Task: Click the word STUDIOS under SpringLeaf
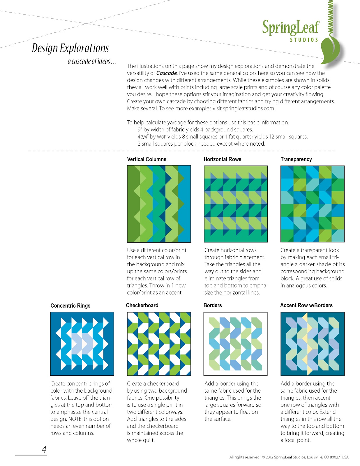pos(304,40)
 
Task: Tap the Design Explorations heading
pos(70,48)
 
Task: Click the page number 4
pos(44,449)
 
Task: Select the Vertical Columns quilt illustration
pos(159,204)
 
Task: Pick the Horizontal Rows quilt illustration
pos(236,204)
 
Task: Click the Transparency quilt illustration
pos(312,204)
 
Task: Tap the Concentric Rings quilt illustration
pos(82,344)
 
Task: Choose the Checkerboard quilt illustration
pos(159,344)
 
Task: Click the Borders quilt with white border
pos(235,344)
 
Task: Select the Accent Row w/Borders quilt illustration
pos(312,344)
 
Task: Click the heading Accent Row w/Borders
pos(306,305)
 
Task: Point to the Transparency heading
pos(296,159)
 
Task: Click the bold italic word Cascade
pos(167,73)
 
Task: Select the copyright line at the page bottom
pos(289,457)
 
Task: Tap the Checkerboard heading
pos(142,305)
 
